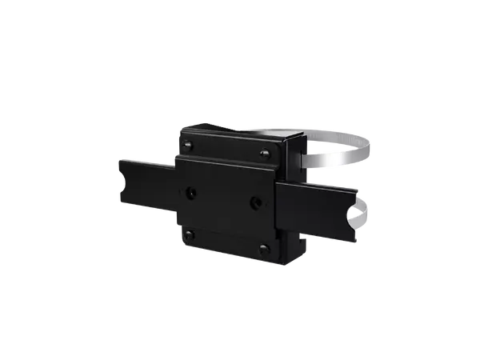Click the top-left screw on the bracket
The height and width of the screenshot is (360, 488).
pos(187,145)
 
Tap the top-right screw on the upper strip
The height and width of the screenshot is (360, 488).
pos(265,155)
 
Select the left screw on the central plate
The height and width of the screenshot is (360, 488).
pos(190,193)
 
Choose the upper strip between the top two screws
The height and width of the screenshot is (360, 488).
pos(226,150)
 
